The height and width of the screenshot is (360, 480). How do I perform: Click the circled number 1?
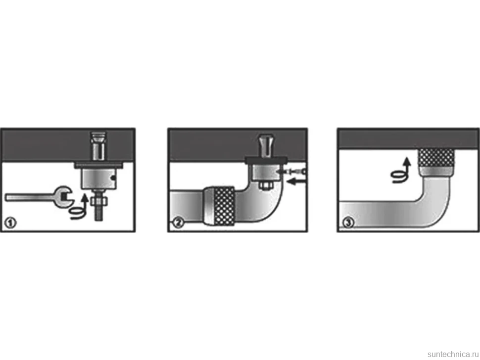coord(11,223)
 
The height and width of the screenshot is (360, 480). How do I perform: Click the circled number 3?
coord(348,223)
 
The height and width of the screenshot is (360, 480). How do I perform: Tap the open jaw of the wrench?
coord(64,197)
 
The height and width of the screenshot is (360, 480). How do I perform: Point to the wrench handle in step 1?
coord(31,198)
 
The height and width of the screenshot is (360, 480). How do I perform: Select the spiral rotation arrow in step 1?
coord(79,207)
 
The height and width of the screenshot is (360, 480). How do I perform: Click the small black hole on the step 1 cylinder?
coord(114,178)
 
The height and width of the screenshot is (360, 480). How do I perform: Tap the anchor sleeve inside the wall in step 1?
coord(98,146)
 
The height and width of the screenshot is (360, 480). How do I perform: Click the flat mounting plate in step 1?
coord(98,165)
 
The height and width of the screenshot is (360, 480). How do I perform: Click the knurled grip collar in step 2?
coord(224,206)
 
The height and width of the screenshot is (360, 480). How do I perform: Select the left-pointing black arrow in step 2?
coord(296,182)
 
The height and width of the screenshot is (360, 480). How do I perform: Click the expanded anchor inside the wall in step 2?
coord(265,145)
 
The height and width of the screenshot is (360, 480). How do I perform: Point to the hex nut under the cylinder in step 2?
coord(265,185)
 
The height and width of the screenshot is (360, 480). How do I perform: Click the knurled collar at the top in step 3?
coord(436,162)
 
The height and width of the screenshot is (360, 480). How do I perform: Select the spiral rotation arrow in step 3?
coord(401,171)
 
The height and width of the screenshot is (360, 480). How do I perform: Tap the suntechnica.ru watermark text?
coord(453,354)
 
